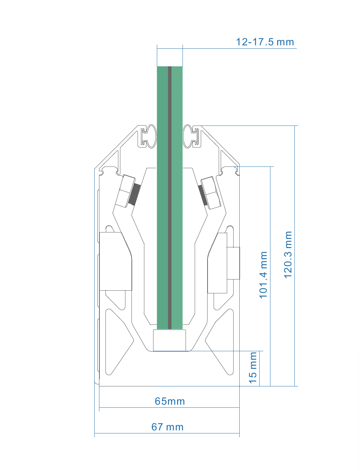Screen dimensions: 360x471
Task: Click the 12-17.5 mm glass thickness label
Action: [x=265, y=42]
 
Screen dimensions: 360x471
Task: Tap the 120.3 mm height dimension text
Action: [x=288, y=255]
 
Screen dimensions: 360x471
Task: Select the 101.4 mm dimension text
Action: [x=263, y=275]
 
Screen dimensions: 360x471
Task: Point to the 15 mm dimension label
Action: [x=253, y=367]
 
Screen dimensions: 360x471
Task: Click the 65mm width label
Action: [x=170, y=401]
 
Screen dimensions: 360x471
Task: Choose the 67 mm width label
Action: [x=167, y=427]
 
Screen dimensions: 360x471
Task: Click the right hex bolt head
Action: [x=211, y=193]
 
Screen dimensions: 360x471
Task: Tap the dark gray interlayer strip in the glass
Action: [x=170, y=198]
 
